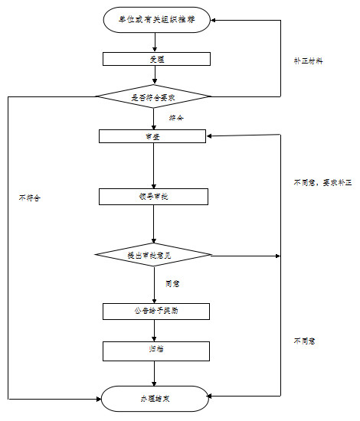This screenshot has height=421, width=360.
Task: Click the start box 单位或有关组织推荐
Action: [x=155, y=20]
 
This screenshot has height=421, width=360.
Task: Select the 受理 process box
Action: [x=155, y=58]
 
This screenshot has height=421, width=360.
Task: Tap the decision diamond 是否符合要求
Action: [x=152, y=96]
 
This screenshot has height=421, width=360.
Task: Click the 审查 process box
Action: [x=152, y=136]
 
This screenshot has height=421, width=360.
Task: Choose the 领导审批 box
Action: [x=153, y=196]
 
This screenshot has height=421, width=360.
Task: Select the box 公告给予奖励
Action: [x=155, y=311]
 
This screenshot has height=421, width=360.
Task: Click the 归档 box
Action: [x=155, y=350]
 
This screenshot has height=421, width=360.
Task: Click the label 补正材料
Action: [x=308, y=60]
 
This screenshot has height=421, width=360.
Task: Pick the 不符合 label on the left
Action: [x=29, y=197]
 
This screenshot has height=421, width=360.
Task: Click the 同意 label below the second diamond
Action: [x=173, y=283]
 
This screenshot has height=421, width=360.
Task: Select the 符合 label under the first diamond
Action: [x=175, y=118]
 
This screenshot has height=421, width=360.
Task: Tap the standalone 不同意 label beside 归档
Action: [x=304, y=340]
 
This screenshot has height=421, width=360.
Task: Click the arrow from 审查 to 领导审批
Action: [x=154, y=165]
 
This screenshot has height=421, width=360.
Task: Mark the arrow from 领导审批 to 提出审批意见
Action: [x=154, y=225]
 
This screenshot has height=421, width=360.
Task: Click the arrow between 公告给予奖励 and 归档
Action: [x=155, y=331]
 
